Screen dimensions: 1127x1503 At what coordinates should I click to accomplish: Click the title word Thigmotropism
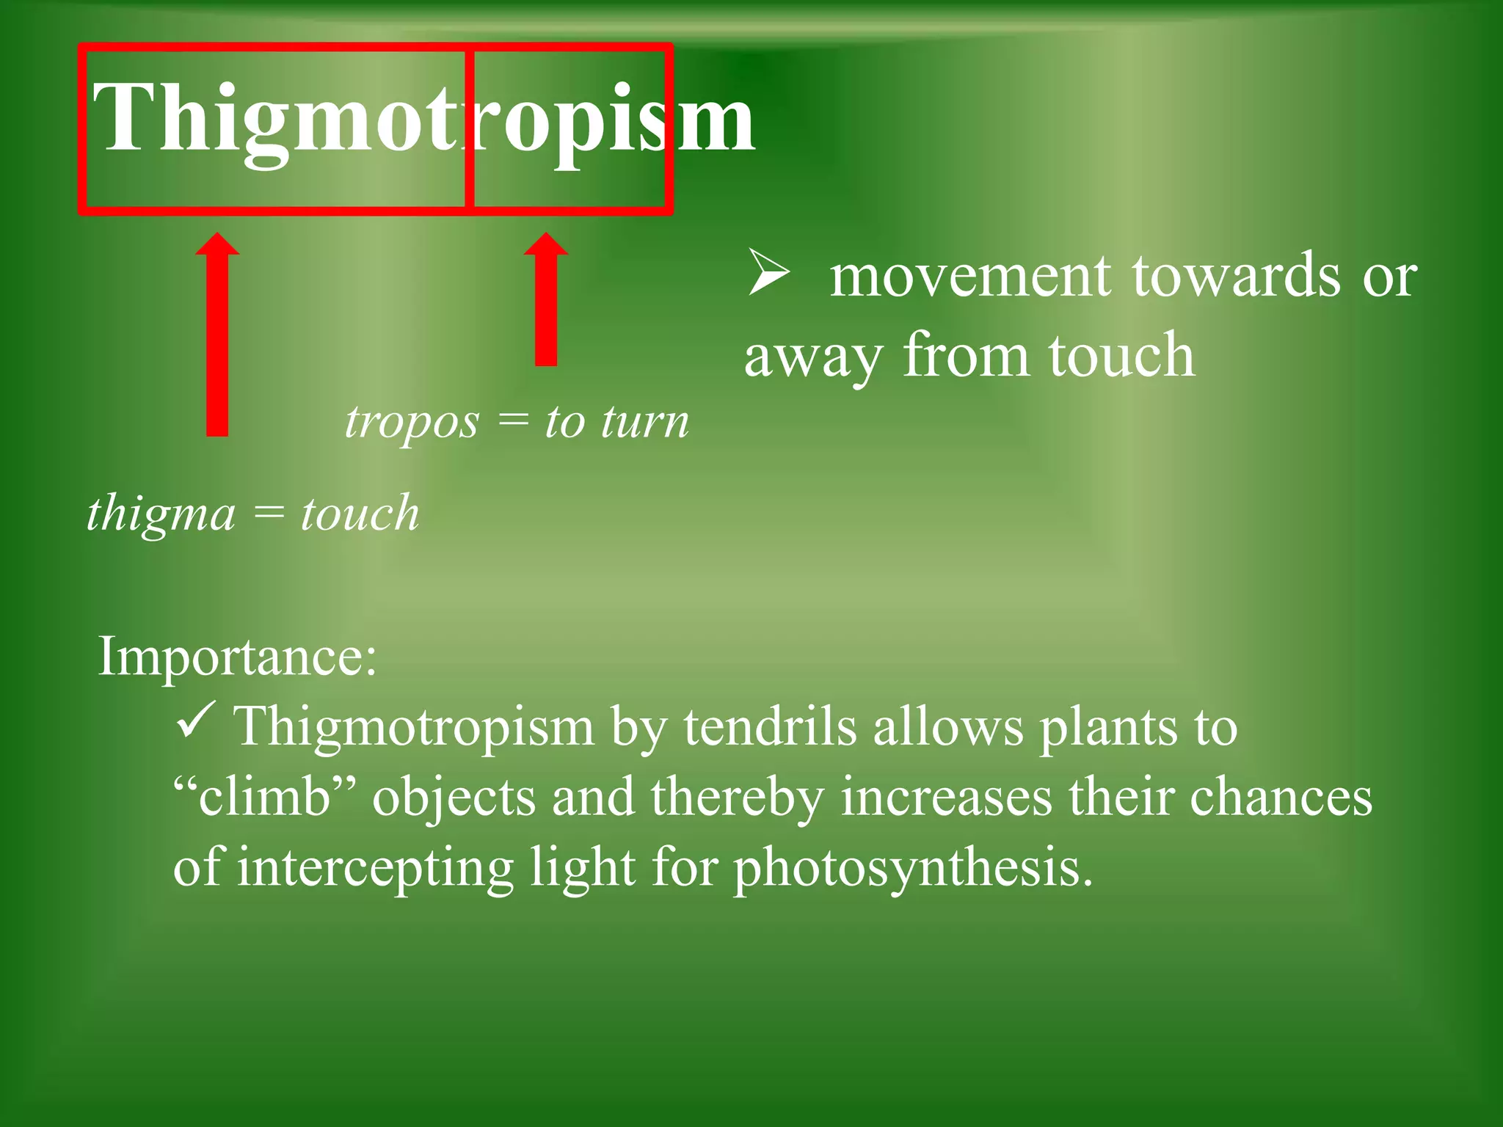tap(423, 117)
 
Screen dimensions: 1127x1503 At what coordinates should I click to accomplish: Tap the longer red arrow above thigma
tap(217, 338)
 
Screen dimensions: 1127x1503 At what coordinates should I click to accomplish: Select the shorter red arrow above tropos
tap(546, 301)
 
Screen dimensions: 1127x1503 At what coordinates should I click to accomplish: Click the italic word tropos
tap(412, 423)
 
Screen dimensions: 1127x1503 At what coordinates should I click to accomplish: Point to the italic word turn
tap(645, 423)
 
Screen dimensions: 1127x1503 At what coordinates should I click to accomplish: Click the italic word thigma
tap(161, 513)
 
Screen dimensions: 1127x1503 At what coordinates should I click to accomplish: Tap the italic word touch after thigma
tap(360, 513)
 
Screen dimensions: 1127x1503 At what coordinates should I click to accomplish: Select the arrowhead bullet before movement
tap(768, 272)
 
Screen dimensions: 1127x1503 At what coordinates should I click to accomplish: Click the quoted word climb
tap(265, 798)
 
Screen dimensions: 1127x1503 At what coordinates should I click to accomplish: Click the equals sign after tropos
tap(512, 423)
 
